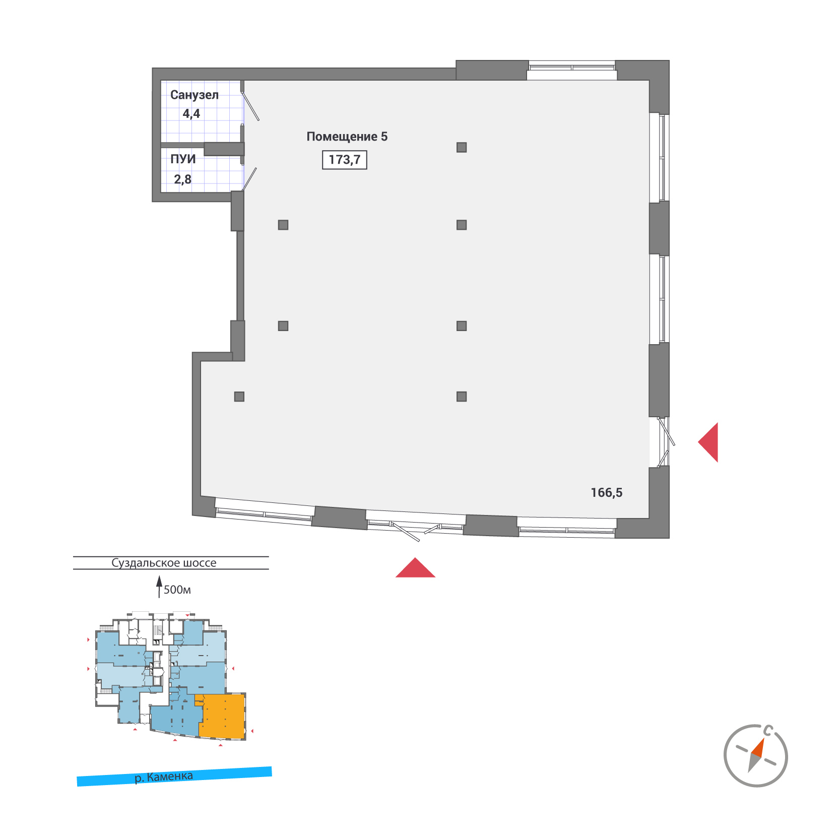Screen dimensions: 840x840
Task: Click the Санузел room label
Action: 194,95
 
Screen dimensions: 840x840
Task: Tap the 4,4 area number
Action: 191,114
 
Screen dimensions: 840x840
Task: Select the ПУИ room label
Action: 183,159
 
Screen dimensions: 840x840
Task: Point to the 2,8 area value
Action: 182,179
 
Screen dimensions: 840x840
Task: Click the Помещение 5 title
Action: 347,137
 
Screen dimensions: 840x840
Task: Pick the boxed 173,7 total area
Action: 345,160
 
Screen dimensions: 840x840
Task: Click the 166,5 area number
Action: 606,493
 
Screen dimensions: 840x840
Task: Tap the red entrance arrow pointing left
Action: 709,442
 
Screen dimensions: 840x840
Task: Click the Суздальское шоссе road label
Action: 164,563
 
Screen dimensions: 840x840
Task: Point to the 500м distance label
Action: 177,590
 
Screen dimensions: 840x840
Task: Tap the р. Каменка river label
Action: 164,777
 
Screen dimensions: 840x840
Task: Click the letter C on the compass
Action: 768,730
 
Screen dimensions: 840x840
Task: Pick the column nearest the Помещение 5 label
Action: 462,147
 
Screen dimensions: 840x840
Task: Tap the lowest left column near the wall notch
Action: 239,397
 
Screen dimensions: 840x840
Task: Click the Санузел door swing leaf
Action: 251,106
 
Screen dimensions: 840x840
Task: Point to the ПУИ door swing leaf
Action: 249,179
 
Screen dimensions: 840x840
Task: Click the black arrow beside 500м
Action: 159,586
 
